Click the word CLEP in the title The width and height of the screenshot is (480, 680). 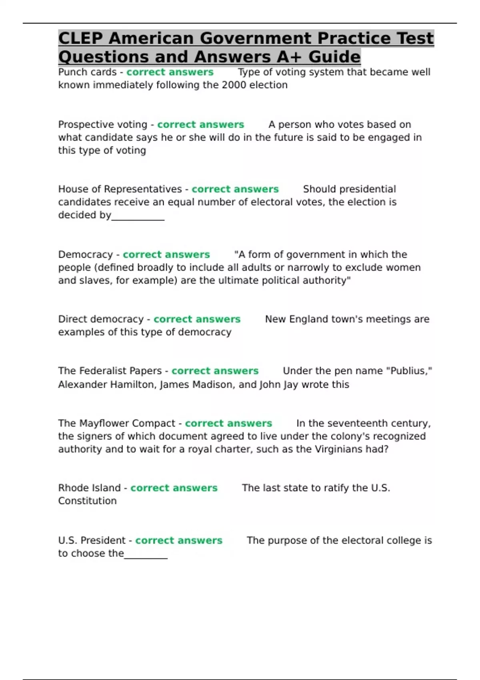[80, 38]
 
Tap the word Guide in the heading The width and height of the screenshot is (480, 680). [334, 57]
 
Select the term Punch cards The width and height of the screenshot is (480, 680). [87, 72]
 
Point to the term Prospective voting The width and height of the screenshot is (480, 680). [103, 124]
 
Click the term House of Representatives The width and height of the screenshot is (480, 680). [120, 189]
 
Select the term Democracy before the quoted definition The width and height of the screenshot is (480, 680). [86, 254]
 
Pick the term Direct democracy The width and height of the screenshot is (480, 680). [101, 319]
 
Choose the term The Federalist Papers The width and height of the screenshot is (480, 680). [110, 371]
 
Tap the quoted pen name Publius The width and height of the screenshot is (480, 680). [407, 371]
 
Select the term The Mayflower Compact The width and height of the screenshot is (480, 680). [117, 423]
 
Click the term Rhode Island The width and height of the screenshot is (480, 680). [89, 488]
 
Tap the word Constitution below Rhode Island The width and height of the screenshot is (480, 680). [87, 501]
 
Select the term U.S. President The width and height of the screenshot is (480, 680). [92, 540]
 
